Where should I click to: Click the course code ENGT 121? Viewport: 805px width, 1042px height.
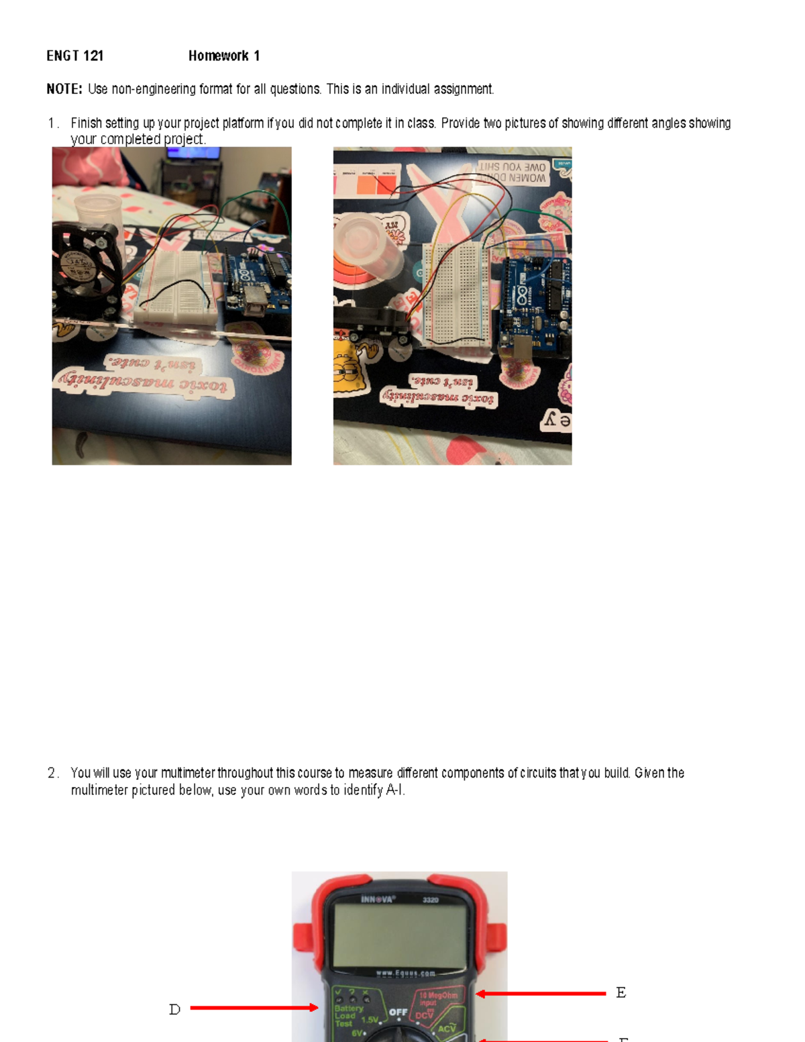[74, 56]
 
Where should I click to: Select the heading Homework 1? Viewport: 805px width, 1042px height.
[223, 56]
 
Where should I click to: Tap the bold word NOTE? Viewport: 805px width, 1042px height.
[64, 89]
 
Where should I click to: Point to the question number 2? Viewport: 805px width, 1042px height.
[52, 773]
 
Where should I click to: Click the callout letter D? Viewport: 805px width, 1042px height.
[174, 1009]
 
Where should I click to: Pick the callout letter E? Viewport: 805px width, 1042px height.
[621, 992]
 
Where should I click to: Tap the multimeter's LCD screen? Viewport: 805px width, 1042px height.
[400, 934]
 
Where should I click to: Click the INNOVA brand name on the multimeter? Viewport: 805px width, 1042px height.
[378, 899]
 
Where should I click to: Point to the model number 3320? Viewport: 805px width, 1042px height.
[431, 900]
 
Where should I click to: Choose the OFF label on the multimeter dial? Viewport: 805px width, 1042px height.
[398, 1012]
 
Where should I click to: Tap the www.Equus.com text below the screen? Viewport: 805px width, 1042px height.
[405, 973]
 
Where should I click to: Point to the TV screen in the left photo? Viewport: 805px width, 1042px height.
[194, 153]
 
